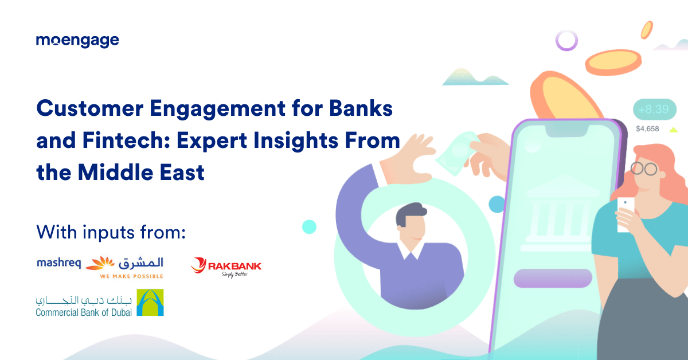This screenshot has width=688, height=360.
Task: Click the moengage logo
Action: tap(77, 41)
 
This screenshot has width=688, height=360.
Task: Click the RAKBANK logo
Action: tap(226, 266)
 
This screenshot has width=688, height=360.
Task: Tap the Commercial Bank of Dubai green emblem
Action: tap(150, 303)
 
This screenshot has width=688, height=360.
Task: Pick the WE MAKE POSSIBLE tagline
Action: tap(131, 276)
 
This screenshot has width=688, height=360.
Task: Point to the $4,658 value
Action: tap(647, 128)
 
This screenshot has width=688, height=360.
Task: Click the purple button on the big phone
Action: tap(553, 278)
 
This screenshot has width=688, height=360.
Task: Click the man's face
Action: tap(412, 226)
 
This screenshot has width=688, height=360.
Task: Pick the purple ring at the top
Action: tap(566, 40)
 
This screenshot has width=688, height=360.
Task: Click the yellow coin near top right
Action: tap(608, 60)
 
